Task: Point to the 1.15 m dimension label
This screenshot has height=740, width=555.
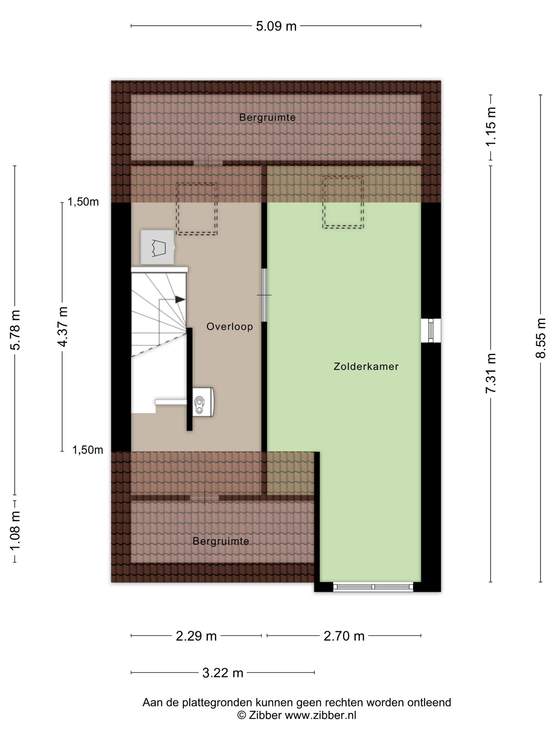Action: (x=491, y=126)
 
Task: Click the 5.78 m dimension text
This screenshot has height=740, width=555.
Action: (x=15, y=330)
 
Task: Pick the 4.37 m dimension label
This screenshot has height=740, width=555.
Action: (x=62, y=326)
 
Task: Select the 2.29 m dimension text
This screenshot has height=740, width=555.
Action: (x=196, y=636)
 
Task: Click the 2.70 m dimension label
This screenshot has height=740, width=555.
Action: (x=344, y=636)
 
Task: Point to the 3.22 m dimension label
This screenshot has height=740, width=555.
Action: (x=223, y=673)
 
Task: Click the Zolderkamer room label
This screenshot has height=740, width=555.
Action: (x=366, y=367)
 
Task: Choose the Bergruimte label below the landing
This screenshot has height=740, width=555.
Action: (x=221, y=541)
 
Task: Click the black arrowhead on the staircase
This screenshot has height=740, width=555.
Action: (x=180, y=299)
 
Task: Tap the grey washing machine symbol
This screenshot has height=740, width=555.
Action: (x=158, y=247)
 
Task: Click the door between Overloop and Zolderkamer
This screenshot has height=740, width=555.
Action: (x=264, y=295)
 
